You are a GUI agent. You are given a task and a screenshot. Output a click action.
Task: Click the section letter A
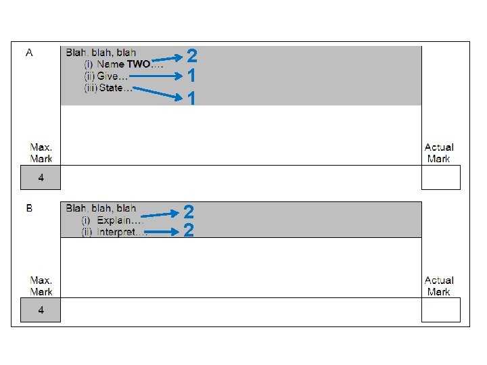29,53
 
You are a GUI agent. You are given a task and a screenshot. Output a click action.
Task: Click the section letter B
29,209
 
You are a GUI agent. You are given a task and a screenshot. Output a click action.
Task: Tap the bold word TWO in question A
139,64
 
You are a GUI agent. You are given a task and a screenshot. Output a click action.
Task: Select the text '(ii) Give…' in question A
106,76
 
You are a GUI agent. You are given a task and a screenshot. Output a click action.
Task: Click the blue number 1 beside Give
192,76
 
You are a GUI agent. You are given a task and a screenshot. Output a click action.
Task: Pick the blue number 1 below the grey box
192,99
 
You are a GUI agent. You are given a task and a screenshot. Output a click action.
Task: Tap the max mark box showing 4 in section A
41,178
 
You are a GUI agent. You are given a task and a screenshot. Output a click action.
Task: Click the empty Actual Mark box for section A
440,178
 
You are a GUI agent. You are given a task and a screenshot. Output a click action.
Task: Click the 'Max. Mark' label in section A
41,153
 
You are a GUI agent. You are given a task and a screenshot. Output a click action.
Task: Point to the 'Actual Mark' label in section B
439,286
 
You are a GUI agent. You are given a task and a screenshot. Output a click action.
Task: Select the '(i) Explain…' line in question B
112,220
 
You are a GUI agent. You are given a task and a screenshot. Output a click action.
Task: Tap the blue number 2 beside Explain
189,212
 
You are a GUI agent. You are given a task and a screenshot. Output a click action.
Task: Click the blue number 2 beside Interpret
189,231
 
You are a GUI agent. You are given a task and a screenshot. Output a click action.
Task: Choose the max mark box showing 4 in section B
41,310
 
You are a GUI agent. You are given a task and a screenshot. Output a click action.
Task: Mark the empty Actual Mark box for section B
440,310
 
